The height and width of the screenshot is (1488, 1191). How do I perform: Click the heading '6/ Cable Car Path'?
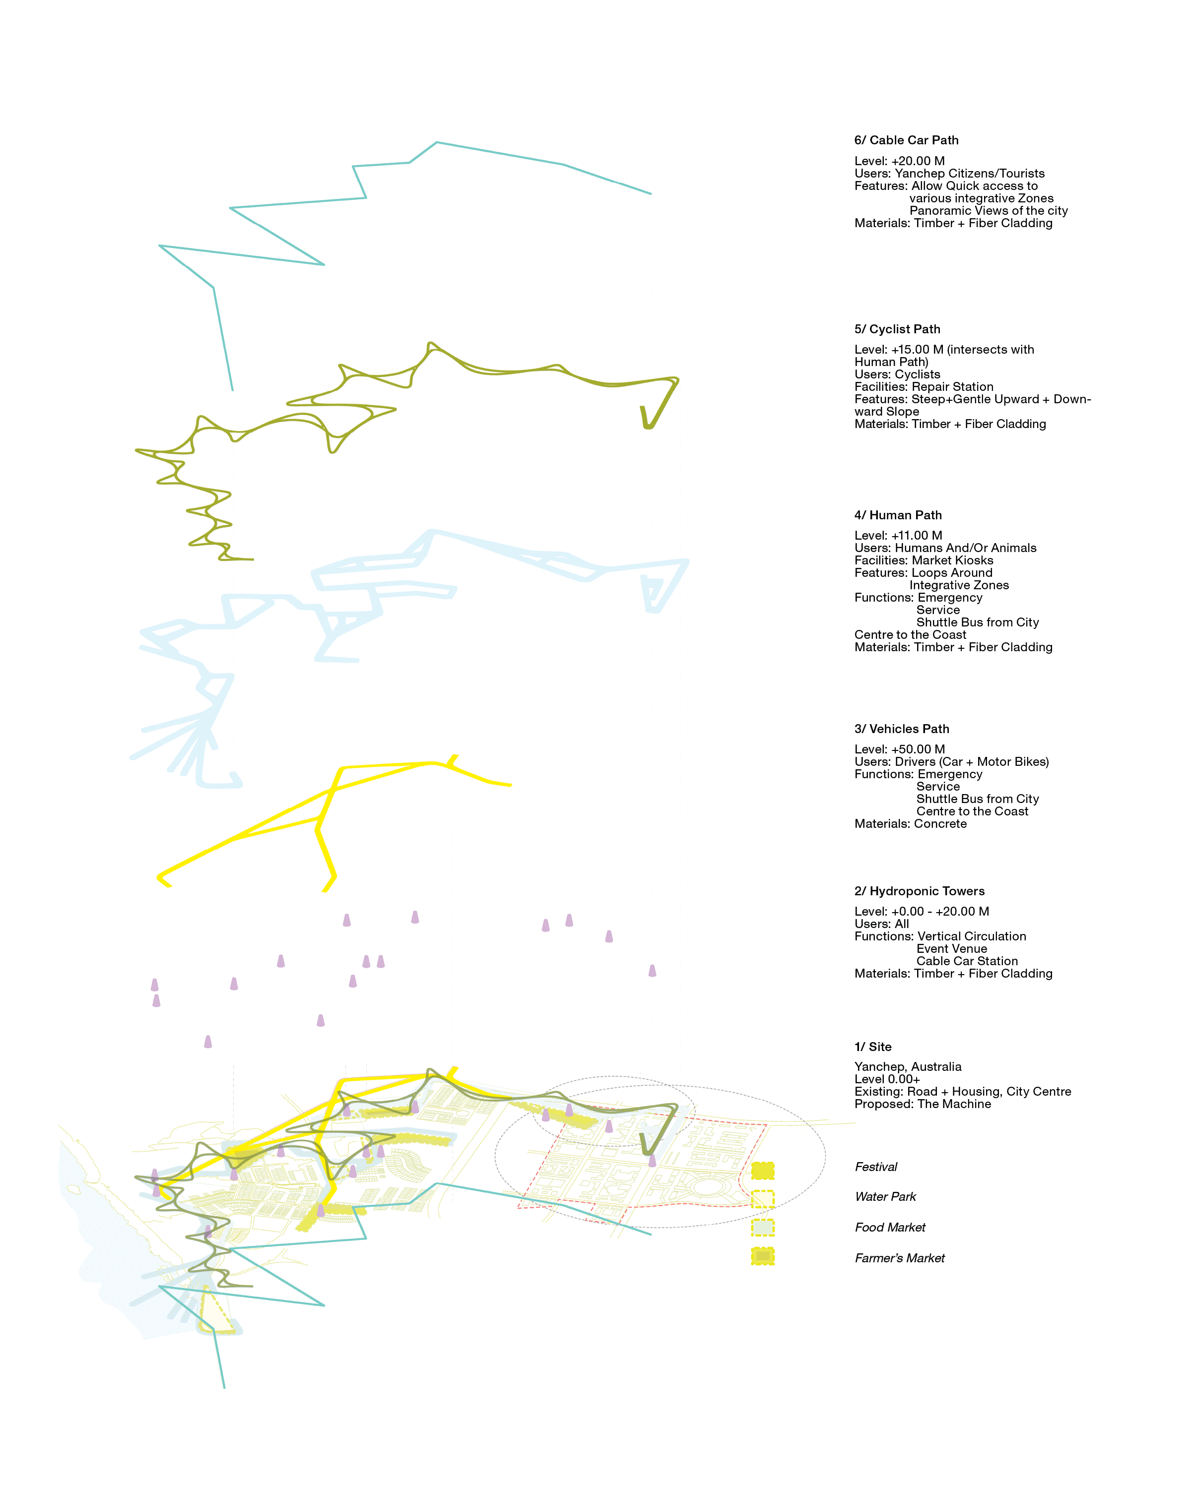click(x=906, y=140)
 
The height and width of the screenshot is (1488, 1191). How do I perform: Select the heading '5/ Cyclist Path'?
click(x=897, y=329)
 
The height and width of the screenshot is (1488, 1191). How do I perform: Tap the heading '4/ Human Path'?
click(x=898, y=515)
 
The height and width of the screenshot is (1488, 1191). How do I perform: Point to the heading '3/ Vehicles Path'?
click(x=901, y=729)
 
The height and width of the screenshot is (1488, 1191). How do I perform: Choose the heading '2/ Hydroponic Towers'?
click(x=919, y=891)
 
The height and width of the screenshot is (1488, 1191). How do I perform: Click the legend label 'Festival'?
click(x=875, y=1167)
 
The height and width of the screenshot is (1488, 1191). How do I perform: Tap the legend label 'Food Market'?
click(x=889, y=1227)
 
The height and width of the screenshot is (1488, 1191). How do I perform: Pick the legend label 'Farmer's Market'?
click(x=899, y=1258)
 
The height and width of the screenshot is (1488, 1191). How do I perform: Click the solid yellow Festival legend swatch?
click(x=762, y=1171)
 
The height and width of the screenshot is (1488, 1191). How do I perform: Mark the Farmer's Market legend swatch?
click(x=762, y=1256)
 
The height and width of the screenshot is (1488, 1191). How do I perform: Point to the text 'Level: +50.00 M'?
click(x=899, y=749)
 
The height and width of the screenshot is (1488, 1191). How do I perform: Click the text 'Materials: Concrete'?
click(x=910, y=824)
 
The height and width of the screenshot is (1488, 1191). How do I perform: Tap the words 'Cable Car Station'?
click(x=967, y=961)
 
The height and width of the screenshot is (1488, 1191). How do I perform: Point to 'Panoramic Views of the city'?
click(x=988, y=210)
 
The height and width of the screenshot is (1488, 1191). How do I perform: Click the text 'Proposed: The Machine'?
click(x=923, y=1104)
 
